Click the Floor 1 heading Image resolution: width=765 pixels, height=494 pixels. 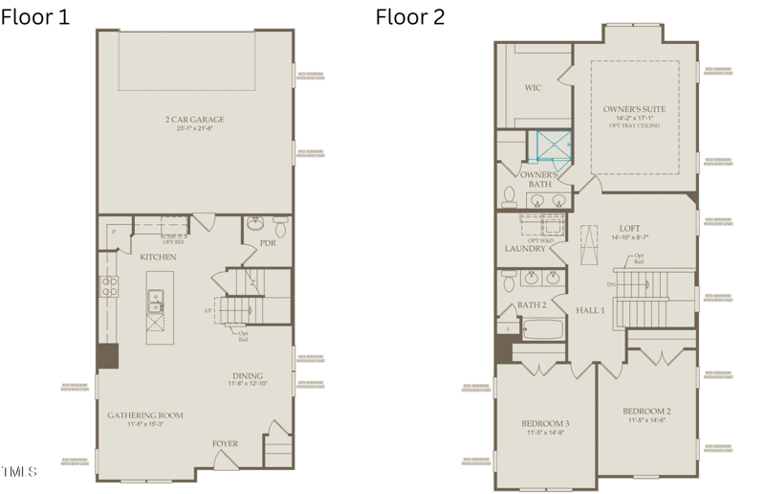(35, 16)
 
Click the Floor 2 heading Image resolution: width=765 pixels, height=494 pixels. (409, 16)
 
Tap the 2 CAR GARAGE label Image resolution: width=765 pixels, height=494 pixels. (194, 120)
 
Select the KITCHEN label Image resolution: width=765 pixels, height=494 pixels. (158, 258)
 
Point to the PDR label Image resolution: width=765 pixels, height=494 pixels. (268, 243)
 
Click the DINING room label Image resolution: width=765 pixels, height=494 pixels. (248, 376)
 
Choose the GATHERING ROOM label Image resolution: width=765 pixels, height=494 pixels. (144, 415)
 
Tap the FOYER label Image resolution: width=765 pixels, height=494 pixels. (225, 443)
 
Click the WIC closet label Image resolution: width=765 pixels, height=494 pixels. (533, 88)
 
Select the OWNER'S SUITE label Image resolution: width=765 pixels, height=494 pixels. (634, 109)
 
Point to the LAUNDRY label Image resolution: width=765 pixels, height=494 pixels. (525, 249)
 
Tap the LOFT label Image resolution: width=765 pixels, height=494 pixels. (629, 228)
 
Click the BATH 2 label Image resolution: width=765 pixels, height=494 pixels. (532, 305)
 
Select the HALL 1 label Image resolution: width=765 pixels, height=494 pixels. (590, 310)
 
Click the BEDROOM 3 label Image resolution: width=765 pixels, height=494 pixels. (546, 423)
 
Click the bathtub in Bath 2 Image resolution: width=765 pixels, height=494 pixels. (538, 332)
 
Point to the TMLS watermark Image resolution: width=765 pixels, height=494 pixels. (19, 471)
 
